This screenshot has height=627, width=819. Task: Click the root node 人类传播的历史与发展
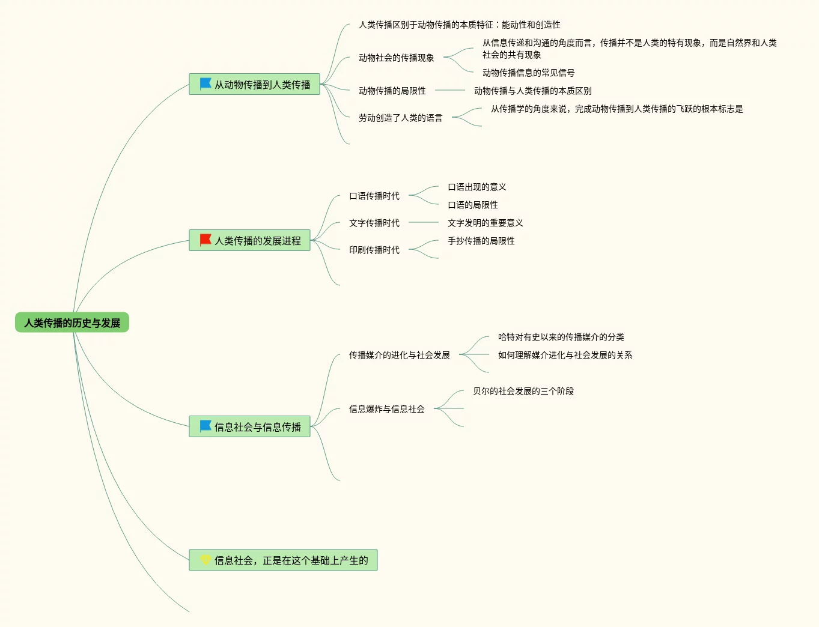pos(72,323)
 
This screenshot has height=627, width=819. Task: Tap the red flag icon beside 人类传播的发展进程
pos(206,240)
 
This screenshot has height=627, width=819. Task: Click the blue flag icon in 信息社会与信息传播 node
pos(206,426)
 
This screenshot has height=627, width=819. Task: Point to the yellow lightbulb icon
pos(206,560)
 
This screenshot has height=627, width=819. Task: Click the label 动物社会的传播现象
pos(396,58)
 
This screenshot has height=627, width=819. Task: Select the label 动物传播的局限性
pos(392,91)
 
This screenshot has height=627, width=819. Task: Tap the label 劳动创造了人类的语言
pos(400,118)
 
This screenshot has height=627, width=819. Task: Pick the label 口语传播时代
pos(374,196)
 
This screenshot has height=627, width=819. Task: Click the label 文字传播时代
pos(374,223)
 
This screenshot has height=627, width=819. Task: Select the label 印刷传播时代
pos(374,250)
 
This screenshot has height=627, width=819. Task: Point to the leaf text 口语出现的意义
pos(476,187)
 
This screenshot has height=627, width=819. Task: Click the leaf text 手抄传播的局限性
pos(481,241)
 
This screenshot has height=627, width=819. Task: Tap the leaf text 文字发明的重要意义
pos(485,223)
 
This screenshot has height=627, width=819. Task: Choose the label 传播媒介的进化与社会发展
pos(399,355)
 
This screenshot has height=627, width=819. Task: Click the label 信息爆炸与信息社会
pos(386,409)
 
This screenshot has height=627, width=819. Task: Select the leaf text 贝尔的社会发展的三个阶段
pos(523,391)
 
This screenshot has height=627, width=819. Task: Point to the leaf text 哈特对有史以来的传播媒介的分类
pos(561,337)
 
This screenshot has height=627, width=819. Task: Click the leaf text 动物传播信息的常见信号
pos(528,73)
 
